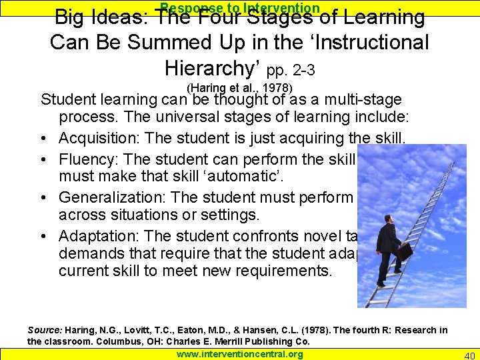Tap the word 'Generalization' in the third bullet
[x=104, y=198]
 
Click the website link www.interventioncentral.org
[x=239, y=354]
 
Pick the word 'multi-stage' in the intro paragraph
[x=365, y=100]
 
